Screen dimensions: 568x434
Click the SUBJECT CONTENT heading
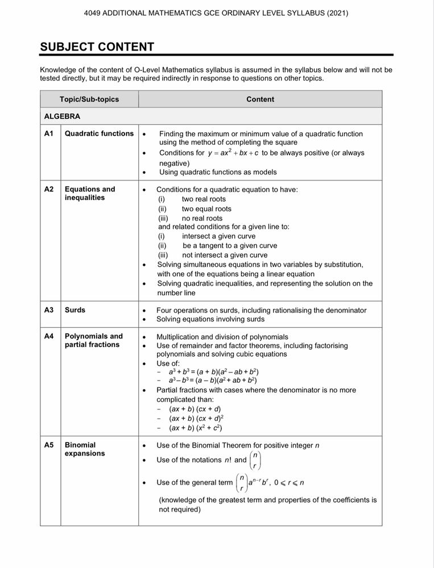pos(97,47)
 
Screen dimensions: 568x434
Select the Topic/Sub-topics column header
pos(89,99)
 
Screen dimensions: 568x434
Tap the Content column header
pos(260,99)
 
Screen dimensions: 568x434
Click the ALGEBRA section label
pos(62,116)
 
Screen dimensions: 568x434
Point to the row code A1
pos(49,134)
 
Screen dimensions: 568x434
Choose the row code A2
pos(49,190)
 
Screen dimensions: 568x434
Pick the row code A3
pos(49,310)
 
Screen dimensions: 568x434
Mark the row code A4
pos(49,337)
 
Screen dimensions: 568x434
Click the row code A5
pos(49,445)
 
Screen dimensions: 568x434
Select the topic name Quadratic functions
pos(99,134)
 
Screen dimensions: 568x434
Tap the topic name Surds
pos(75,310)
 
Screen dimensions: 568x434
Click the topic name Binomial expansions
pos(85,449)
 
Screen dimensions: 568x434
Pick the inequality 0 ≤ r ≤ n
pos(289,483)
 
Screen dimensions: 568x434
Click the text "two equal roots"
pos(206,209)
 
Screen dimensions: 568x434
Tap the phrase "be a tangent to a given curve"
pos(230,246)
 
